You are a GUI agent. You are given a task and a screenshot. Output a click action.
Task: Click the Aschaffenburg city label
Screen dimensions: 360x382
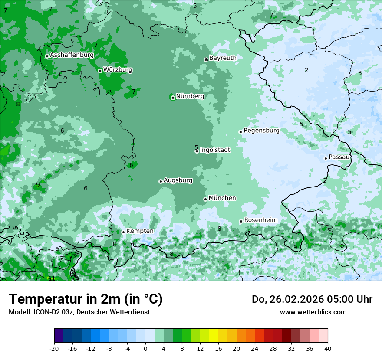tap(72, 55)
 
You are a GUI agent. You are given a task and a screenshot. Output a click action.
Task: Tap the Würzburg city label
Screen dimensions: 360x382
tap(118, 70)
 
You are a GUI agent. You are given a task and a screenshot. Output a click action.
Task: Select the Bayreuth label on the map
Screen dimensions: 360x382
tap(223, 58)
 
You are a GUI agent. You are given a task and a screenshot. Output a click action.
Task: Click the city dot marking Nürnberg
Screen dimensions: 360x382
tap(173, 98)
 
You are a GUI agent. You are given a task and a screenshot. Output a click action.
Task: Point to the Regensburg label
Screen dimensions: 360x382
tap(261, 131)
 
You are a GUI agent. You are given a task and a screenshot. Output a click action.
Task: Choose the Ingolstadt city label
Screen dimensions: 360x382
tap(215, 150)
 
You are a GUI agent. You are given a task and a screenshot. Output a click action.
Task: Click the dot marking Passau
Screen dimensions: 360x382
tap(326, 158)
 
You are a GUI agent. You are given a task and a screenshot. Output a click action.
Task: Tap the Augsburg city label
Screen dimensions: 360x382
tap(178, 180)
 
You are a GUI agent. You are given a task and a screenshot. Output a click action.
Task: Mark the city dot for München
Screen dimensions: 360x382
tap(205, 200)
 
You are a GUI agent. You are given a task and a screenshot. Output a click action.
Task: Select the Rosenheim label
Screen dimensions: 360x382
tap(260, 220)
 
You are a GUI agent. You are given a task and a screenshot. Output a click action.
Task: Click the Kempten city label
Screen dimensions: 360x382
tap(140, 231)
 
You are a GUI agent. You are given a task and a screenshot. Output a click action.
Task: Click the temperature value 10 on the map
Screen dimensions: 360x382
tap(340, 246)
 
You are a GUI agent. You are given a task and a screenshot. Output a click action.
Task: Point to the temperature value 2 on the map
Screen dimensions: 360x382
tap(306, 70)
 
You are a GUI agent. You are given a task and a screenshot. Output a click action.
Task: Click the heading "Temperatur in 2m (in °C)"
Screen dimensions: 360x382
tap(86, 299)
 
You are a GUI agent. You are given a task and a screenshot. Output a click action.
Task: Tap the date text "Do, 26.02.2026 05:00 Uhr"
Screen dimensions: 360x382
tap(312, 299)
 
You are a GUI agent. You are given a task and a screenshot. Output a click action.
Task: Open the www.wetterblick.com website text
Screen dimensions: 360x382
tap(313, 312)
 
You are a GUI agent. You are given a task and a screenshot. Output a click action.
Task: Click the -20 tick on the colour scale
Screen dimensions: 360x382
tap(54, 348)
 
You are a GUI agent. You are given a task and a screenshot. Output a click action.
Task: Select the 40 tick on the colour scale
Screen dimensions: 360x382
tap(328, 348)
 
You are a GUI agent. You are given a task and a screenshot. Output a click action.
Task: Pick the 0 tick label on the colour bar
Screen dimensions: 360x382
tap(145, 348)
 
